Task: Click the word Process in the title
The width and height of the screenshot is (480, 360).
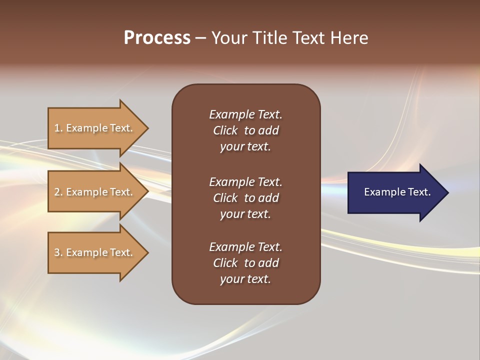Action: pyautogui.click(x=157, y=38)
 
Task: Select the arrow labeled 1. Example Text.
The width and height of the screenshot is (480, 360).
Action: pyautogui.click(x=95, y=128)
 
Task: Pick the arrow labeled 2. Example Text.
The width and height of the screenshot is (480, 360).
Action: pyautogui.click(x=95, y=192)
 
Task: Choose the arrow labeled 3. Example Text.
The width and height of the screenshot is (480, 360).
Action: pyautogui.click(x=95, y=252)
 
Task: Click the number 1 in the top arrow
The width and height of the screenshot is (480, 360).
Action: pyautogui.click(x=57, y=128)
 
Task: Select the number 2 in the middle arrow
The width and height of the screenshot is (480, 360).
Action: pyautogui.click(x=57, y=192)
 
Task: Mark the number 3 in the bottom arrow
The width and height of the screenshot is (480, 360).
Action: pyautogui.click(x=57, y=252)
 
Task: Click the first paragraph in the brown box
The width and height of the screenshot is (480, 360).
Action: pyautogui.click(x=245, y=130)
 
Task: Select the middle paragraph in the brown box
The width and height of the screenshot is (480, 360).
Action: pyautogui.click(x=245, y=198)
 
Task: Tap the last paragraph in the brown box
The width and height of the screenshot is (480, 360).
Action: pyautogui.click(x=245, y=263)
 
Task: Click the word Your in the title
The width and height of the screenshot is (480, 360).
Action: pyautogui.click(x=227, y=38)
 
